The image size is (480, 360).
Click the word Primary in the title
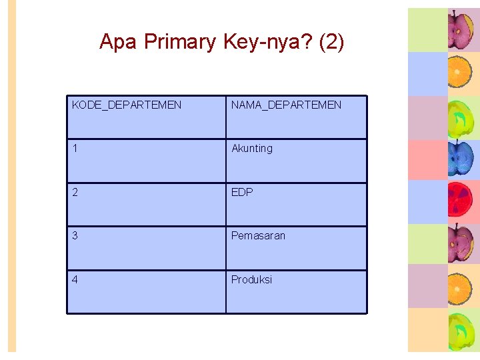(x=180, y=42)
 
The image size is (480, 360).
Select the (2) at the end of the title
(x=331, y=42)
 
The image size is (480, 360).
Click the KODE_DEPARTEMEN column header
(x=127, y=105)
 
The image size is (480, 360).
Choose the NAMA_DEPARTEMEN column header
(x=286, y=105)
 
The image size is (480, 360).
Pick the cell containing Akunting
(x=252, y=149)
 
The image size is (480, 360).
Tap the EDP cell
(x=242, y=192)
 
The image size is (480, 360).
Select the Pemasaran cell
(x=258, y=235)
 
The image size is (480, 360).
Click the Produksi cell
(x=251, y=279)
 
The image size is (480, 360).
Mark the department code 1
(x=75, y=148)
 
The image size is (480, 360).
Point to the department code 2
(x=75, y=192)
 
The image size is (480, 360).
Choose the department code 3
(x=75, y=235)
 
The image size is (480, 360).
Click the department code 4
(x=75, y=279)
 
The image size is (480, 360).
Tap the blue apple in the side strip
(x=460, y=159)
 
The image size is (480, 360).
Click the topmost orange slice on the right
(x=460, y=72)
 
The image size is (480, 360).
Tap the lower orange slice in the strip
(x=460, y=287)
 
